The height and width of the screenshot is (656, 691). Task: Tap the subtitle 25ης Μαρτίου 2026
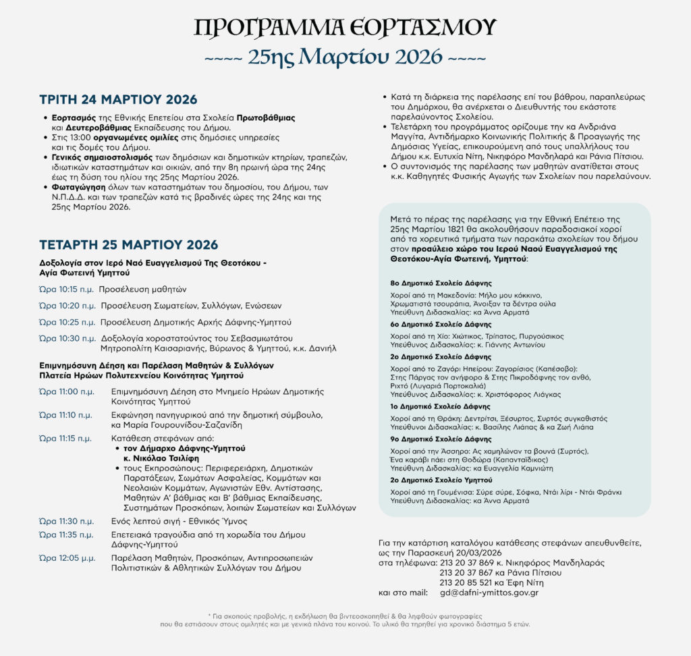click(x=345, y=57)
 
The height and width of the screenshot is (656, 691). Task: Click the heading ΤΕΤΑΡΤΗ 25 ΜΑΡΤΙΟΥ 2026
click(x=129, y=244)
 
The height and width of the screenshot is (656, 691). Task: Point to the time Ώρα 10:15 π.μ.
click(x=66, y=290)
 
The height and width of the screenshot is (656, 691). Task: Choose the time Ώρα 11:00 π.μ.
click(x=67, y=391)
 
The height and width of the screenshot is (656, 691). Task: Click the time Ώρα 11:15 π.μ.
click(x=65, y=438)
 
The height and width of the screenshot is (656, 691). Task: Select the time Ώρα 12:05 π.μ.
click(x=67, y=558)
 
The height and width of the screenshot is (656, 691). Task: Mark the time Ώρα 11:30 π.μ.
click(x=67, y=521)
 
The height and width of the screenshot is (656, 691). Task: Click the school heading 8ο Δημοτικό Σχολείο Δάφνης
click(x=441, y=283)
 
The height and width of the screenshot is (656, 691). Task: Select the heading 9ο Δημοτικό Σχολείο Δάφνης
click(x=441, y=439)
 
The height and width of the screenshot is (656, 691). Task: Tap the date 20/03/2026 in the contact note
click(x=474, y=552)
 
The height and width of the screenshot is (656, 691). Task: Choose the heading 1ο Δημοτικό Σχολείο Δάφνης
click(x=441, y=408)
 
